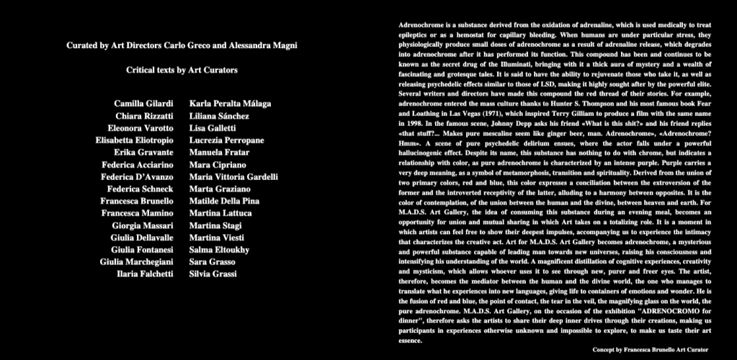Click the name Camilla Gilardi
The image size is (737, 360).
pyautogui.click(x=143, y=104)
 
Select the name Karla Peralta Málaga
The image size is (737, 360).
pyautogui.click(x=231, y=104)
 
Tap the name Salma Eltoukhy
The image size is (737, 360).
pyautogui.click(x=220, y=250)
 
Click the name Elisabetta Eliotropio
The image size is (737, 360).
pyautogui.click(x=134, y=140)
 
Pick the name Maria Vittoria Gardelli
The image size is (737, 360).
pyautogui.click(x=233, y=177)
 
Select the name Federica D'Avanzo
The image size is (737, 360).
pyautogui.click(x=137, y=177)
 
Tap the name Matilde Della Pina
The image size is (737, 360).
pyautogui.click(x=224, y=201)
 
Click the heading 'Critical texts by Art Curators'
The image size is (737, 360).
pyautogui.click(x=182, y=71)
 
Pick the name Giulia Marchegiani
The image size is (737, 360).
pyautogui.click(x=136, y=262)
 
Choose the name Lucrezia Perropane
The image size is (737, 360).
pyautogui.click(x=227, y=140)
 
